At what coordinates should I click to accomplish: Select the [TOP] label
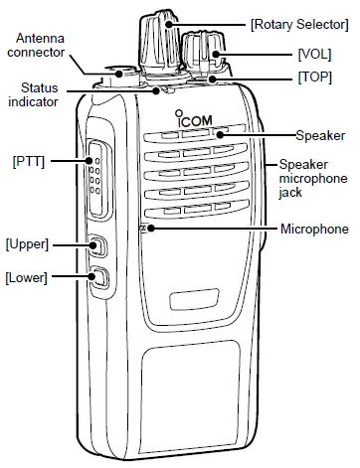click(313, 77)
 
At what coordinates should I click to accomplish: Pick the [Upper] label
click(27, 242)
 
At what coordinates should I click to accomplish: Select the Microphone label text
click(314, 230)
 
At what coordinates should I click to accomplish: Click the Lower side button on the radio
click(98, 278)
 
